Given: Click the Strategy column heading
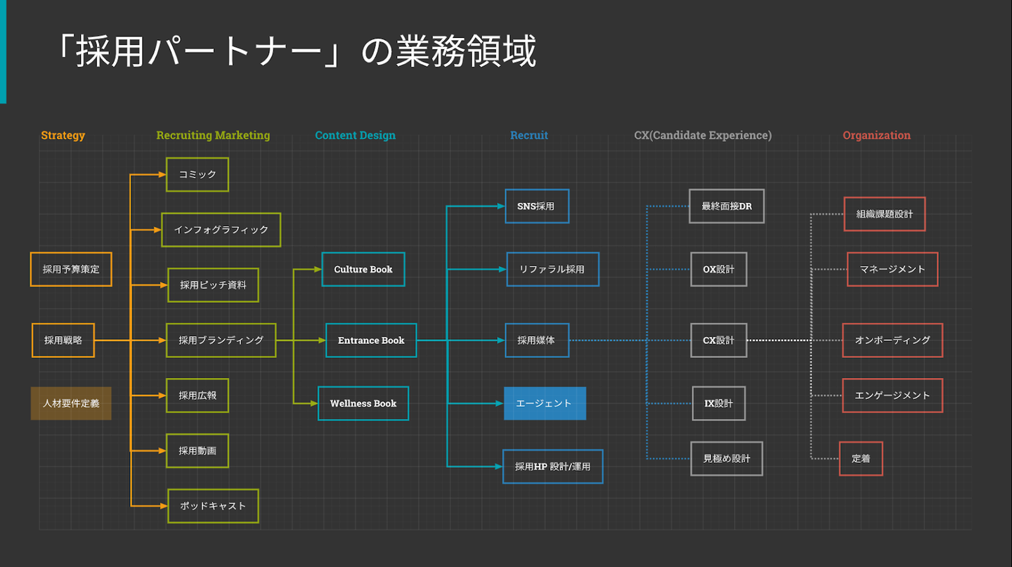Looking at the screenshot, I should pyautogui.click(x=63, y=136).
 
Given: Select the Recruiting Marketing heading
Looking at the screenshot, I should pyautogui.click(x=213, y=136).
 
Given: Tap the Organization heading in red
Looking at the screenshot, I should pyautogui.click(x=876, y=136).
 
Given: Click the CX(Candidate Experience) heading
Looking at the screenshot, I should pyautogui.click(x=703, y=136).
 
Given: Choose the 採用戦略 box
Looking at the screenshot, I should pyautogui.click(x=63, y=340).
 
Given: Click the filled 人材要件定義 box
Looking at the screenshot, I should pyautogui.click(x=71, y=403).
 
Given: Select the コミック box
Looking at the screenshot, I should pyautogui.click(x=197, y=174).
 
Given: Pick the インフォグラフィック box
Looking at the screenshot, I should pyautogui.click(x=221, y=230).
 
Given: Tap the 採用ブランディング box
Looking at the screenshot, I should pyautogui.click(x=221, y=340).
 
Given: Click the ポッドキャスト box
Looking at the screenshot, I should pyautogui.click(x=213, y=506).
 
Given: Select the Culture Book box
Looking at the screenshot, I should pyautogui.click(x=363, y=269).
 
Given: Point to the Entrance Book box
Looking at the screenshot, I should pyautogui.click(x=371, y=340).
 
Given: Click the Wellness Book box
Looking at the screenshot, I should pyautogui.click(x=363, y=403).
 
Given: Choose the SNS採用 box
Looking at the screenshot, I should pyautogui.click(x=537, y=207).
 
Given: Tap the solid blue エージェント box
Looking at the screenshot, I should pyautogui.click(x=545, y=403).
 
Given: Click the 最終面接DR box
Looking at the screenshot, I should pyautogui.click(x=727, y=207).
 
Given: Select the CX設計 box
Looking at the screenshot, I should pyautogui.click(x=718, y=340).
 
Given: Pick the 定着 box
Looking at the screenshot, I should pyautogui.click(x=861, y=459).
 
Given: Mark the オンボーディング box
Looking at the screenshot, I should pyautogui.click(x=893, y=340).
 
